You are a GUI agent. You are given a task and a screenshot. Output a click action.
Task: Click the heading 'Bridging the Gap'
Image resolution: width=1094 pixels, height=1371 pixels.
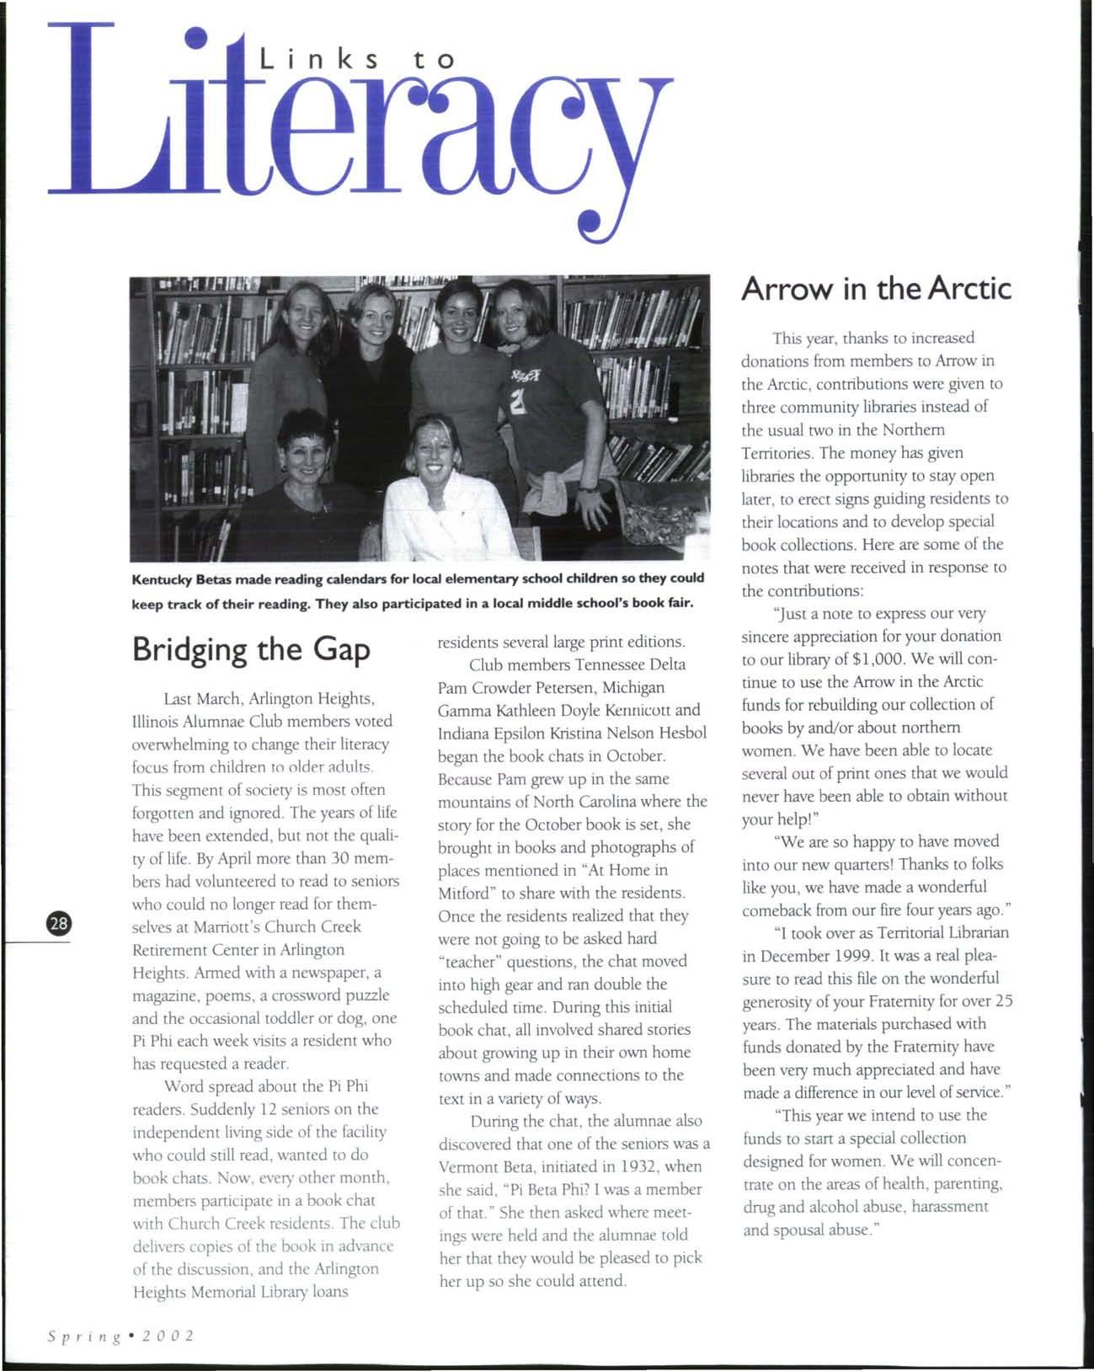(251, 650)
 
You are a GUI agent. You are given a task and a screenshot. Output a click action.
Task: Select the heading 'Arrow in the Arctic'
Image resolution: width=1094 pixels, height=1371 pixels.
(875, 289)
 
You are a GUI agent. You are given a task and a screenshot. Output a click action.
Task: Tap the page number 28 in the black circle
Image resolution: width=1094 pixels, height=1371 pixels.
(61, 923)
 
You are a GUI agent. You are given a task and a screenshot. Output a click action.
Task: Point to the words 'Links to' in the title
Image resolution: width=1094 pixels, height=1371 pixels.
(356, 60)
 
